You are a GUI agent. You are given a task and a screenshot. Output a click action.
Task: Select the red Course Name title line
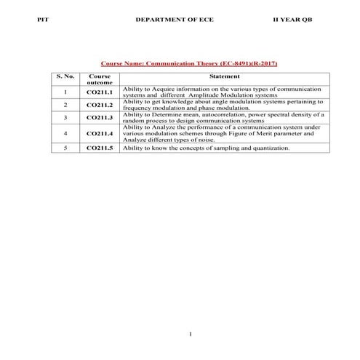[188, 63]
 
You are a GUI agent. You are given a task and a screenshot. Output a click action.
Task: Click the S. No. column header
[65, 76]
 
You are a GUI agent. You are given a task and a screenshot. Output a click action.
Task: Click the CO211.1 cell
[100, 92]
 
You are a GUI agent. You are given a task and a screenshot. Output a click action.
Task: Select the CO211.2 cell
[100, 105]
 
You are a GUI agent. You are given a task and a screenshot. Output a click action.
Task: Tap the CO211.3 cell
[100, 118]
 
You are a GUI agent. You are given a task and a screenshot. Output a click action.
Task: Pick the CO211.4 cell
[100, 134]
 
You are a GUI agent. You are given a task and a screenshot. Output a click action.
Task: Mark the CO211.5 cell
[100, 148]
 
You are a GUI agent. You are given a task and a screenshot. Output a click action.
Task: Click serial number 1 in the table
[65, 92]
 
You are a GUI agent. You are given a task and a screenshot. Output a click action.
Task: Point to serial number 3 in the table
[65, 118]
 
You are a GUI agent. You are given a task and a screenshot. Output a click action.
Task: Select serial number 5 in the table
[65, 148]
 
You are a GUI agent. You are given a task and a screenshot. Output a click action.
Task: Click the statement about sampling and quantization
[206, 148]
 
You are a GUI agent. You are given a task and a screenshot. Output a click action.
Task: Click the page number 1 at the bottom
[189, 334]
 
